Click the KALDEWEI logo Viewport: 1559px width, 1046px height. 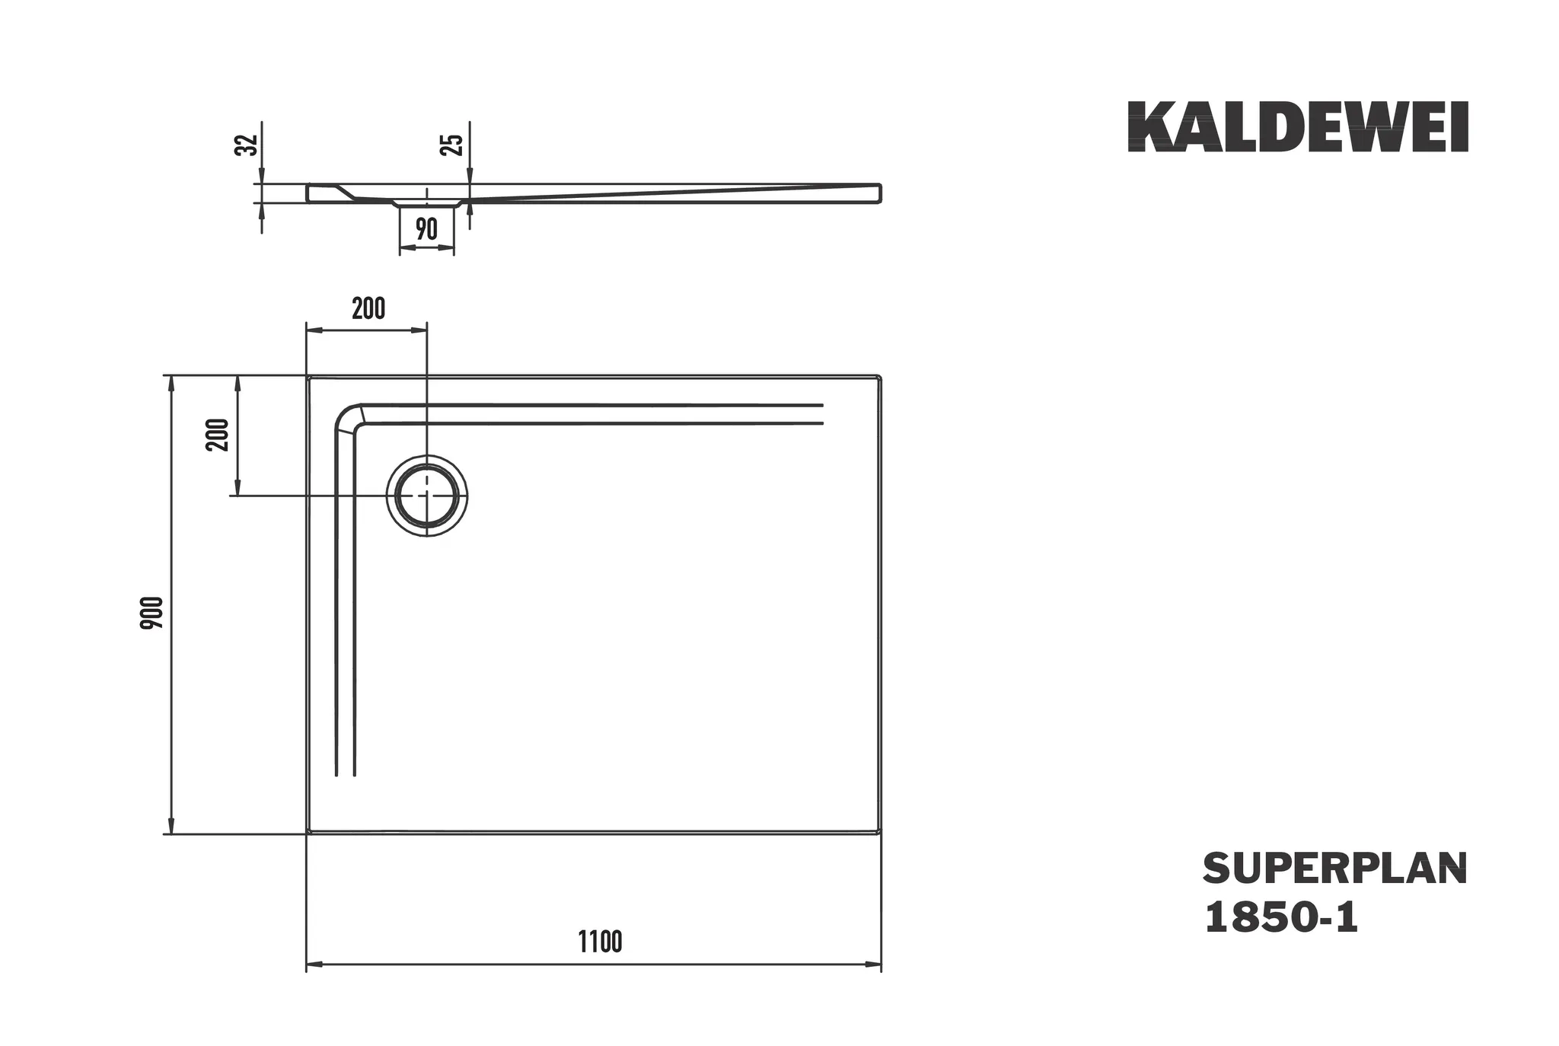(1297, 127)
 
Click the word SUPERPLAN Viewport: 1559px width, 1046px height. (1334, 869)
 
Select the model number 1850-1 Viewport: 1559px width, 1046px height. (1281, 918)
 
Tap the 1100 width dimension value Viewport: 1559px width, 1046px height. (600, 942)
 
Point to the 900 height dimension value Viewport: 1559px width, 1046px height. (152, 612)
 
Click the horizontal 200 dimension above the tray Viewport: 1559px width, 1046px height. (368, 309)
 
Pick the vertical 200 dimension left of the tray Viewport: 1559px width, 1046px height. (218, 435)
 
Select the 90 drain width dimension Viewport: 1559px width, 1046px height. (426, 228)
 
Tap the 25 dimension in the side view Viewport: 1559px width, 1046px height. (452, 144)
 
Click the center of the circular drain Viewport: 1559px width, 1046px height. (427, 496)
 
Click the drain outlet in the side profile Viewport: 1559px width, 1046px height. (427, 203)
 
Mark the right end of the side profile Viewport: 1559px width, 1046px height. (880, 193)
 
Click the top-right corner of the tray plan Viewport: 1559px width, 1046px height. (879, 377)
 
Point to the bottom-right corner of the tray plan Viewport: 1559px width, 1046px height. (879, 832)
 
